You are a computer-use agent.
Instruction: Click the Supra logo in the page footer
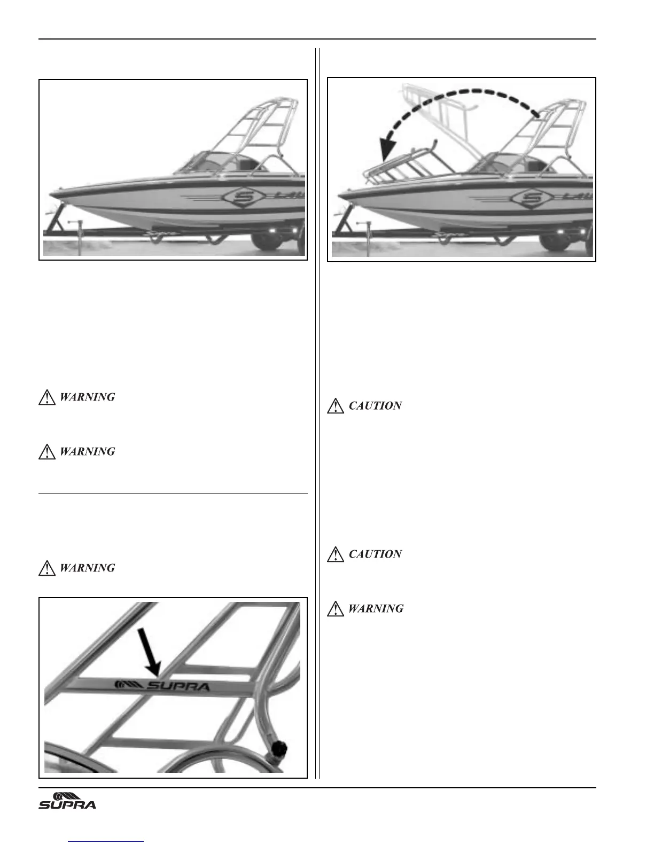[x=67, y=800]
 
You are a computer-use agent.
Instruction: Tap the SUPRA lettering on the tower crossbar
[x=177, y=686]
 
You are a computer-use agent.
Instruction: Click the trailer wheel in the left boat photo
[x=269, y=239]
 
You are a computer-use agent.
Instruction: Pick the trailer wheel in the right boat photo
[x=556, y=239]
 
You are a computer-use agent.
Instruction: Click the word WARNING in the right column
[x=376, y=608]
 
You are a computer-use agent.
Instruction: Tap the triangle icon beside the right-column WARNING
[x=335, y=608]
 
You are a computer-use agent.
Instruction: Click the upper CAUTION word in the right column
[x=375, y=406]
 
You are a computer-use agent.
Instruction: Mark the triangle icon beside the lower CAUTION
[x=335, y=554]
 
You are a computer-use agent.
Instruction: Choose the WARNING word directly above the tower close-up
[x=87, y=568]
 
